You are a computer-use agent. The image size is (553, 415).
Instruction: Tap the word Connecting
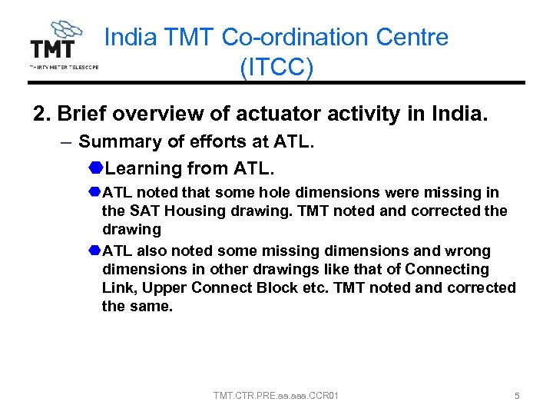[448, 270]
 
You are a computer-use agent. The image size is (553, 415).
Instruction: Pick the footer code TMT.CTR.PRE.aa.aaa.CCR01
[276, 396]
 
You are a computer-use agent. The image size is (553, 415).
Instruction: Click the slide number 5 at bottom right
[517, 396]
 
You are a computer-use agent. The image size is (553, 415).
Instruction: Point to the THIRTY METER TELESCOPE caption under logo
[64, 67]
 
